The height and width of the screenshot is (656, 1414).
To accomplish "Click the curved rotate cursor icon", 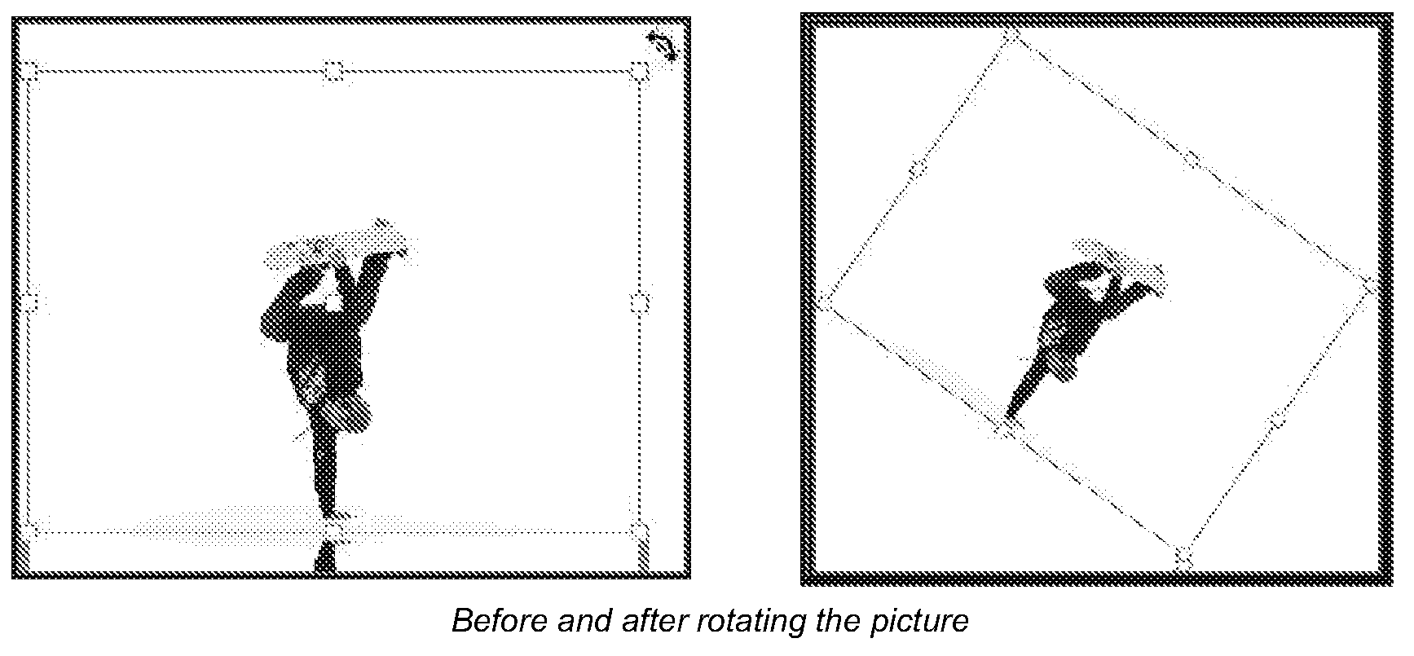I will pos(662,46).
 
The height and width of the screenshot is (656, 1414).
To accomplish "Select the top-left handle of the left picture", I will pos(29,72).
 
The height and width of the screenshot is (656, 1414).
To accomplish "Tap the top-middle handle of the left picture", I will pos(333,72).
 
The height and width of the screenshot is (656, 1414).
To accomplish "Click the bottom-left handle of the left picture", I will pos(30,531).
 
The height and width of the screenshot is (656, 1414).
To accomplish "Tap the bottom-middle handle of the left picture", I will pos(333,531).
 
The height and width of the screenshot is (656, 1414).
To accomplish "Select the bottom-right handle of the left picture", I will pos(641,532).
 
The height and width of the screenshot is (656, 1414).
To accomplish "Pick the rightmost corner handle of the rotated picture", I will pos(1370,286).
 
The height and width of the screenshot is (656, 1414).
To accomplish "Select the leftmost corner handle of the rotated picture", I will pos(825,301).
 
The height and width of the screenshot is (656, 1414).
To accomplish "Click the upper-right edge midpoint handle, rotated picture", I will pos(1192,159).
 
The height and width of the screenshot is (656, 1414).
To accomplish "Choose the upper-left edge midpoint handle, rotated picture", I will pos(918,170).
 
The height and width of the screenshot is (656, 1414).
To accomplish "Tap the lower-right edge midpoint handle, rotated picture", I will pos(1277,421).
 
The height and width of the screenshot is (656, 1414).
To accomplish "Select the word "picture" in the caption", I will pos(918,621).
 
